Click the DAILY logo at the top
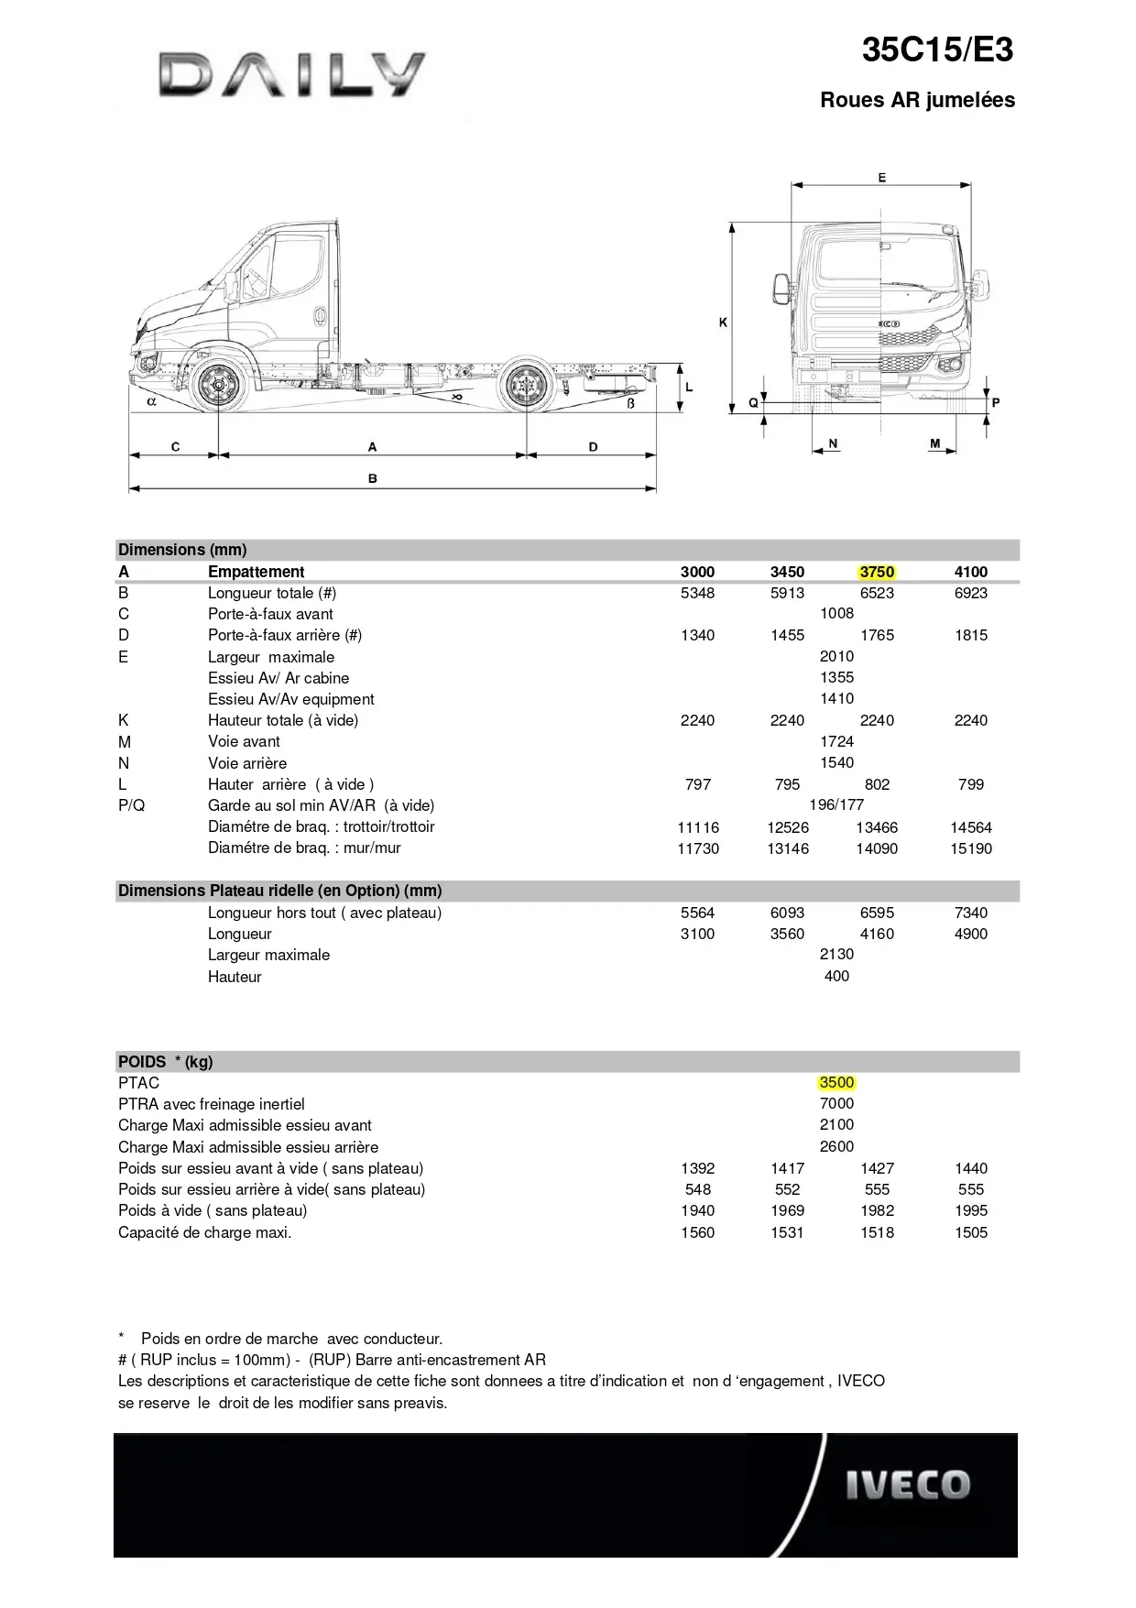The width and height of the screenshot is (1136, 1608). click(x=291, y=74)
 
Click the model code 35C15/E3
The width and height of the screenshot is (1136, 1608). click(x=937, y=50)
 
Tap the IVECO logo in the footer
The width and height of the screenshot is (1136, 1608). click(x=907, y=1485)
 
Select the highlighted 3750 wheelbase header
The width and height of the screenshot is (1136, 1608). click(x=877, y=572)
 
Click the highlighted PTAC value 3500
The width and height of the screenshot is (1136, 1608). click(x=836, y=1082)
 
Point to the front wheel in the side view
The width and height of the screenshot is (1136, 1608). click(x=219, y=387)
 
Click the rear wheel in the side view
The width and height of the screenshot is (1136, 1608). click(x=526, y=387)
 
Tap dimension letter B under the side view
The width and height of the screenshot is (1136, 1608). click(x=373, y=478)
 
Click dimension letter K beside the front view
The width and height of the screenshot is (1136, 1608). click(x=723, y=323)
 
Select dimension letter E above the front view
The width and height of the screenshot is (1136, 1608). click(x=882, y=178)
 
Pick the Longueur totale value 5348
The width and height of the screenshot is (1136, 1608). click(x=697, y=593)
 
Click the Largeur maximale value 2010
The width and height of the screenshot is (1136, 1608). click(x=836, y=656)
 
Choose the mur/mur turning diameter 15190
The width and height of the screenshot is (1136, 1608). click(x=971, y=848)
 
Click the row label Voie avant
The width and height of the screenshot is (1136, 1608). click(x=244, y=741)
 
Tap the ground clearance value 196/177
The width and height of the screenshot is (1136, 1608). click(x=836, y=804)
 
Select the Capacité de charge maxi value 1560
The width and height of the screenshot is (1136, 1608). click(x=697, y=1232)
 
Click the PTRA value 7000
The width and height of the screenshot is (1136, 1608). click(x=836, y=1103)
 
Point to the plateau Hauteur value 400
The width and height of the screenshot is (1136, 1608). click(x=836, y=976)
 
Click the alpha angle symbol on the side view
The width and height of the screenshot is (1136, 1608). click(x=152, y=400)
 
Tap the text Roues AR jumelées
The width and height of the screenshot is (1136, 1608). click(x=917, y=100)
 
